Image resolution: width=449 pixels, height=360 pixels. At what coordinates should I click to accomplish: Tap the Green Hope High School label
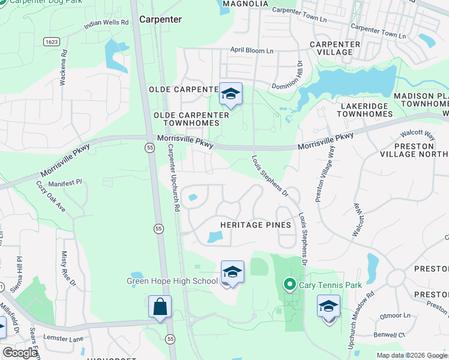172,281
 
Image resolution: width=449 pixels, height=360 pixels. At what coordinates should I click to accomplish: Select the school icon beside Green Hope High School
232,272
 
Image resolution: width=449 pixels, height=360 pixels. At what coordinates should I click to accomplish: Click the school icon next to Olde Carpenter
231,94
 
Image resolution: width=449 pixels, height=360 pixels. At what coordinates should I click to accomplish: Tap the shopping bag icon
160,308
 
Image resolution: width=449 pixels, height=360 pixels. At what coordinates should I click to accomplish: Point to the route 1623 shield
50,41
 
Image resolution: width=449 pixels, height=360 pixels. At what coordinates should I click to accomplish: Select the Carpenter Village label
335,48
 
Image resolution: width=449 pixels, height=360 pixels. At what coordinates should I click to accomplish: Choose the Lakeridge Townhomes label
356,110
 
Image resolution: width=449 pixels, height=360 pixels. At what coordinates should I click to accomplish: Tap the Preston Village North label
414,149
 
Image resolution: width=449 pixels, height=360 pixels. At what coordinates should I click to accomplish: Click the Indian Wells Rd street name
106,23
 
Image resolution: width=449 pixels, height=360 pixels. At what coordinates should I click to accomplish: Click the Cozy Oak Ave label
51,196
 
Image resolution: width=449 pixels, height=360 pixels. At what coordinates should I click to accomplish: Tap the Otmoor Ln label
394,315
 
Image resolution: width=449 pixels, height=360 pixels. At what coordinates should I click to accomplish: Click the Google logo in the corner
20,353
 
